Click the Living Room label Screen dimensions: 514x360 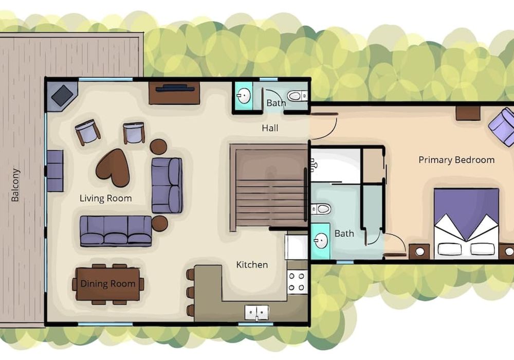tap(105, 199)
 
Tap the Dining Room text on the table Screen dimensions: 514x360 tap(108, 283)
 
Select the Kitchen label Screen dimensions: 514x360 tap(252, 264)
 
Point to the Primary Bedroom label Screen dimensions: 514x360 tap(456, 160)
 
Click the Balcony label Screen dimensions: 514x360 tap(15, 185)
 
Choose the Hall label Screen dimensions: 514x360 tap(270, 128)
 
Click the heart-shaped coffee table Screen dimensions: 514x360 tap(113, 167)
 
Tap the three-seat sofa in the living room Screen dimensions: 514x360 tap(116, 230)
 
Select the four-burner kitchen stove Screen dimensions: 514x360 tap(297, 282)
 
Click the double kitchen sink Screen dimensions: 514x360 tap(256, 313)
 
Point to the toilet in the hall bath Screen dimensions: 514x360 tap(297, 96)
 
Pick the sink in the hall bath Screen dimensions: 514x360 tap(244, 96)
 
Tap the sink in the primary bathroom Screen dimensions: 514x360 tap(321, 241)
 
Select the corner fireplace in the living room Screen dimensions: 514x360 tap(62, 96)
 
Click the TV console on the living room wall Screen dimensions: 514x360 tap(174, 93)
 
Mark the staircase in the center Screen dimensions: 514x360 tap(268, 187)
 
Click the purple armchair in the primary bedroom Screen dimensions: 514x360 tap(502, 128)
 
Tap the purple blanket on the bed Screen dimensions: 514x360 tap(466, 210)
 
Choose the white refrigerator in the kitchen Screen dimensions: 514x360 tap(297, 247)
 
